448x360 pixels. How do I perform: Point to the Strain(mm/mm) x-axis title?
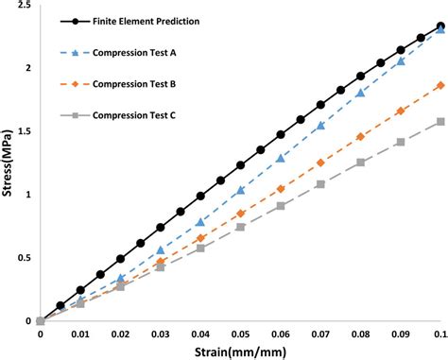click(240, 348)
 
